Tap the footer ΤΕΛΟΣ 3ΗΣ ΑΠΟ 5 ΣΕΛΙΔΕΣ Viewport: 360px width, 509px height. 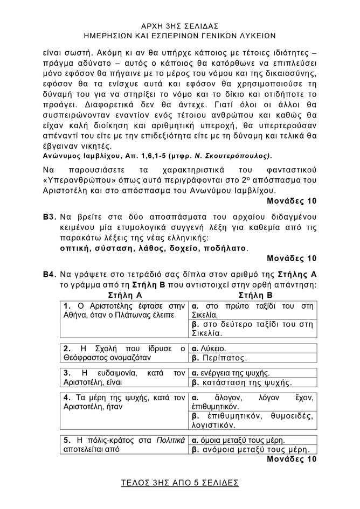pos(180,482)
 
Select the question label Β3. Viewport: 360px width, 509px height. pos(50,216)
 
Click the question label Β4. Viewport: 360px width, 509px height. pos(50,273)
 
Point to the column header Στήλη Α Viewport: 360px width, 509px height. pos(125,295)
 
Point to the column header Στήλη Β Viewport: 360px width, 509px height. pos(255,295)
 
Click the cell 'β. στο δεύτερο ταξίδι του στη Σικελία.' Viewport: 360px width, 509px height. pos(253,329)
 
